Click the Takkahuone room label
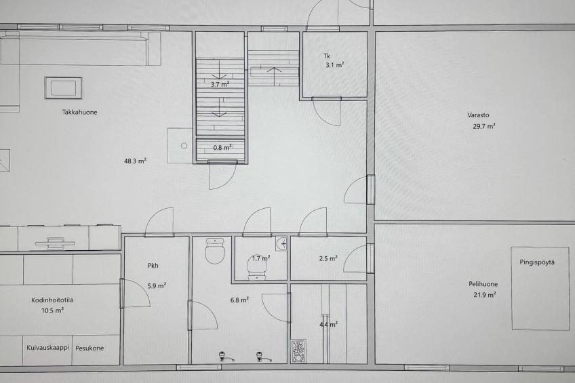(79, 112)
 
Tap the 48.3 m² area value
(136, 161)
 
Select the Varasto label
(478, 115)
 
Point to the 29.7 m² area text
(484, 126)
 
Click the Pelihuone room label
(483, 283)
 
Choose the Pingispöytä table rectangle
(540, 288)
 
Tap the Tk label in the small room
(327, 56)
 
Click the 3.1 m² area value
(334, 65)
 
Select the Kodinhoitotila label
(52, 300)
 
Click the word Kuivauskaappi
(47, 348)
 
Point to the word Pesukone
(90, 348)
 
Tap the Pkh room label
(153, 265)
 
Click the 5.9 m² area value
(157, 285)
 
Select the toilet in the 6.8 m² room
(214, 250)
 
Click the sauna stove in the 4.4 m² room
(298, 351)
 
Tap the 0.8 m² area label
(222, 148)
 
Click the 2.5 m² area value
(328, 258)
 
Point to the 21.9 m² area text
(484, 295)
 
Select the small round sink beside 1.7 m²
(281, 243)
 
